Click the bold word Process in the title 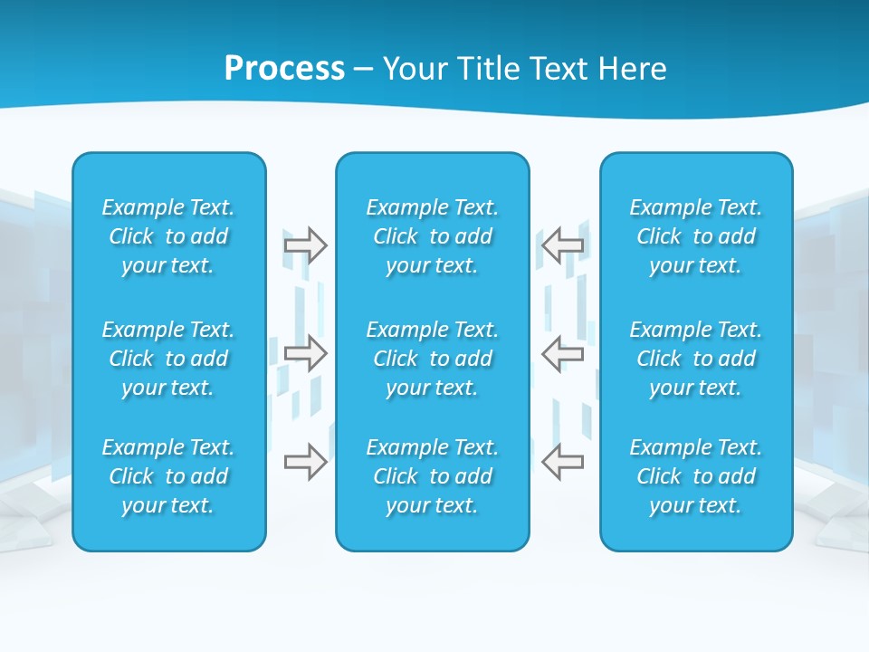[284, 69]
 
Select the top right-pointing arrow [305, 245]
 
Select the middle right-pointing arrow [305, 353]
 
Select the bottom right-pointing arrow [305, 462]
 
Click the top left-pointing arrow [563, 245]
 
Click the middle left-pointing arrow [563, 353]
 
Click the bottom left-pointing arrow [563, 462]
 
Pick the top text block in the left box [168, 236]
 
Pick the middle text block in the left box [168, 359]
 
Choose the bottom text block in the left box [168, 476]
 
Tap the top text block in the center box [432, 236]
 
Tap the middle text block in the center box [432, 359]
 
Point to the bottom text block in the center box [432, 476]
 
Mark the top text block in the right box [696, 236]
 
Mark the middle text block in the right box [696, 359]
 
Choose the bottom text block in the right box [696, 476]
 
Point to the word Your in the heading [414, 69]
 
